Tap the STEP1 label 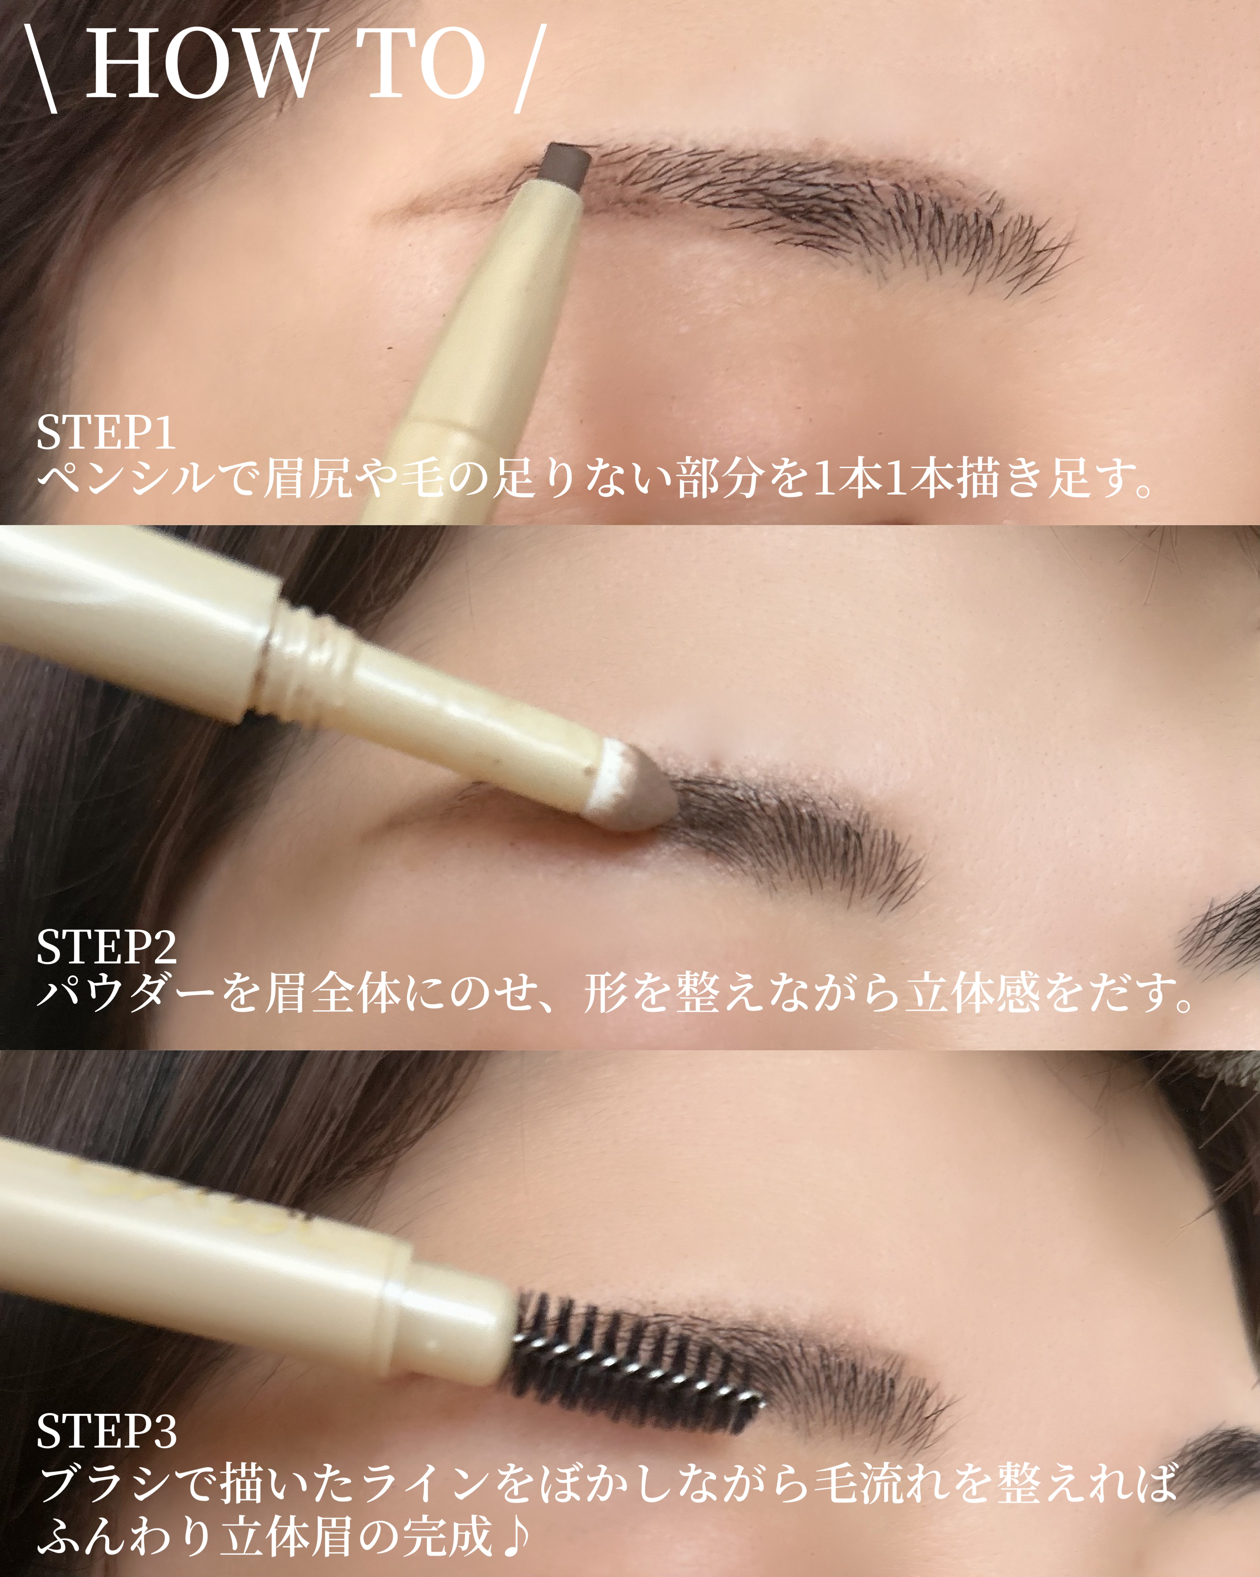point(106,433)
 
